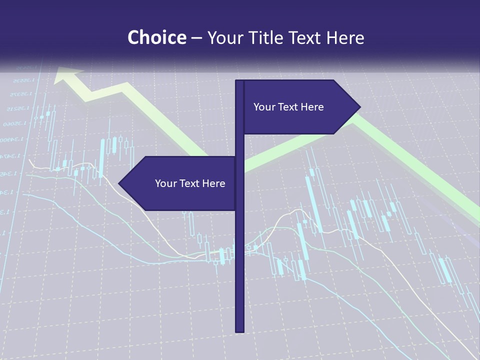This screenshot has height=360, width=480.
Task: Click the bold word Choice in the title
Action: pyautogui.click(x=156, y=37)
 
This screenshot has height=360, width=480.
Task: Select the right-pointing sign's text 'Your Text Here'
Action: pyautogui.click(x=288, y=107)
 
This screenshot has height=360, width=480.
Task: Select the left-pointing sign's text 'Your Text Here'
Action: pyautogui.click(x=190, y=183)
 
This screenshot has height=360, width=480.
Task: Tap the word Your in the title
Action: pyautogui.click(x=224, y=37)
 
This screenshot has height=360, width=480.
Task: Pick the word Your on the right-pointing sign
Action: pyautogui.click(x=263, y=107)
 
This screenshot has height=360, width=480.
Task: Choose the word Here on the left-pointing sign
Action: pyautogui.click(x=213, y=183)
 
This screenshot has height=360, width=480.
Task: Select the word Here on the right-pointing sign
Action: pyautogui.click(x=312, y=107)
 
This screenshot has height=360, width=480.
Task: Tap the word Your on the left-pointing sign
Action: pyautogui.click(x=165, y=183)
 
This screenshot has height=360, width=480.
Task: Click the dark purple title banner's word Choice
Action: pyautogui.click(x=156, y=37)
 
